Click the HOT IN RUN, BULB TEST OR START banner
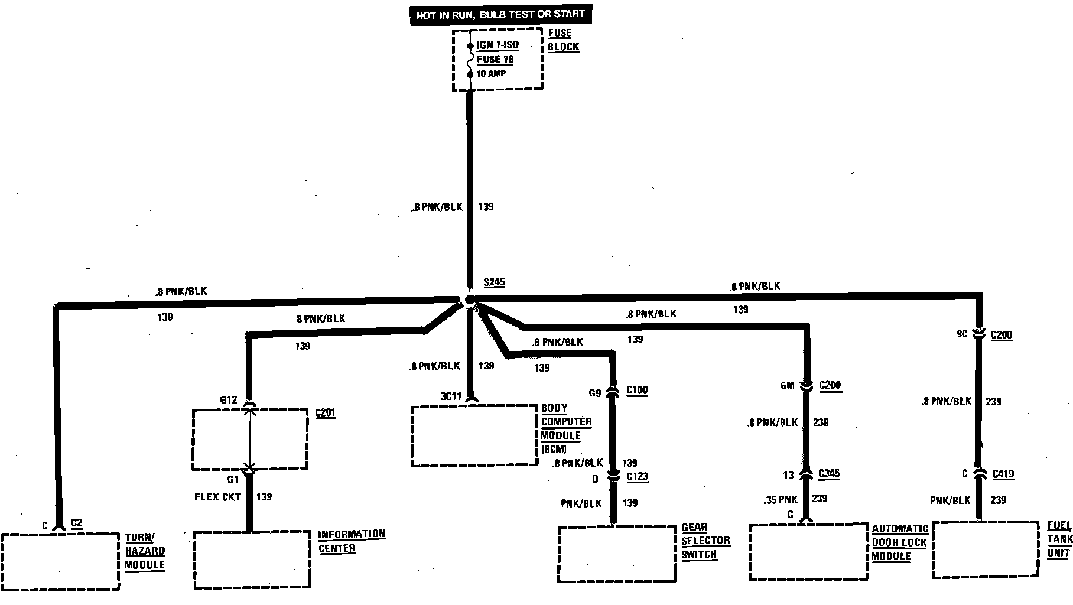coord(500,15)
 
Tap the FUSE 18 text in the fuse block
coord(495,60)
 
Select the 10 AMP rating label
coord(491,74)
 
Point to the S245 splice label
coord(494,282)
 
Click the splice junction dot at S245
coord(470,300)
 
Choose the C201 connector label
coord(326,412)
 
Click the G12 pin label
coord(229,400)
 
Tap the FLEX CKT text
coord(217,497)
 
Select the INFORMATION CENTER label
coord(352,541)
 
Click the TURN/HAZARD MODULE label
coord(145,551)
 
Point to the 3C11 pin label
coord(450,396)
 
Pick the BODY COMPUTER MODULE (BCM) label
coord(565,428)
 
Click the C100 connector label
coord(636,391)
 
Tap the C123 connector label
coord(637,477)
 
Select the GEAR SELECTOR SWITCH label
coord(705,541)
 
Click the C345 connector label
coord(828,474)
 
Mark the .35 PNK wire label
coord(781,499)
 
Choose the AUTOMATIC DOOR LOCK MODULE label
coord(900,542)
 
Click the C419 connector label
coord(1003,474)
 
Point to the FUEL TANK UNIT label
coord(1059,539)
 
